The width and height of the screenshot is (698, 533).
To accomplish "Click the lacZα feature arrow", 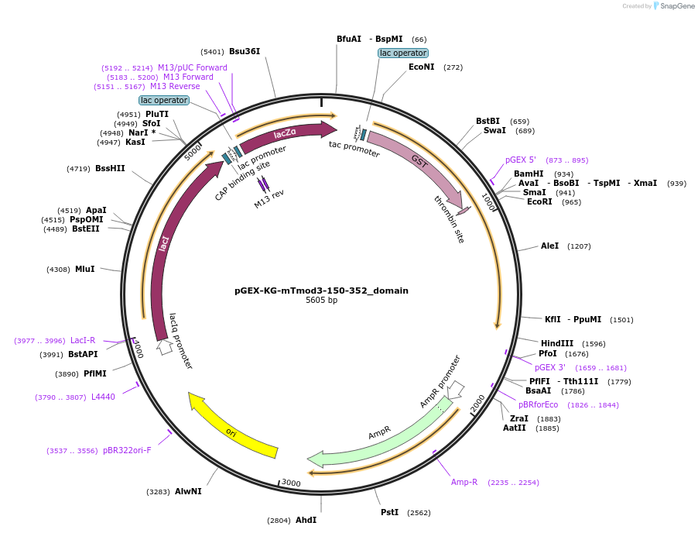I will (x=286, y=133).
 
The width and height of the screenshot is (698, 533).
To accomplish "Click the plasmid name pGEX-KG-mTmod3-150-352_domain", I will (x=321, y=291).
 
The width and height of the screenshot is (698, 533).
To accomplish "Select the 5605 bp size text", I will (x=321, y=301).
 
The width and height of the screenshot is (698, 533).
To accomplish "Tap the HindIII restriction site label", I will (x=557, y=343).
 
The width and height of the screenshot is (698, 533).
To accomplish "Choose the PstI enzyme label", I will (x=390, y=512).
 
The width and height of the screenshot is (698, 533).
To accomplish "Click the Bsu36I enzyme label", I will (x=245, y=51).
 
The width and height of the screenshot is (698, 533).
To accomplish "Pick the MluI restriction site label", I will (x=85, y=269).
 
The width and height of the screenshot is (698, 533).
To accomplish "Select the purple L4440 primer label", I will (x=103, y=397).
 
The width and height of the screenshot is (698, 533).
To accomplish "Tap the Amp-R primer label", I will (x=464, y=482).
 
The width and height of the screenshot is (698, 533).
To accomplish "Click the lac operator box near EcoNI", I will (x=402, y=53).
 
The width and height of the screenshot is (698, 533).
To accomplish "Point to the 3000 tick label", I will (x=291, y=483).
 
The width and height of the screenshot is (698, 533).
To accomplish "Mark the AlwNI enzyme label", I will (x=188, y=491).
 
